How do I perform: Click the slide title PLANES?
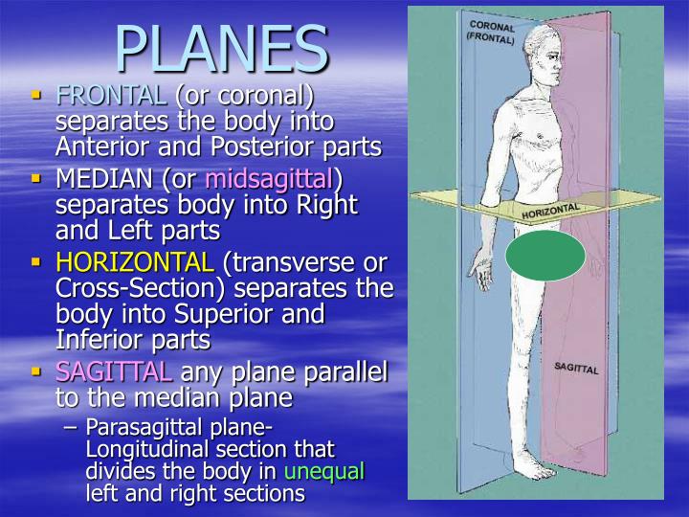(222, 48)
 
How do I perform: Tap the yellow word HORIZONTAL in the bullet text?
(134, 261)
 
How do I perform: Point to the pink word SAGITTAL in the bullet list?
(113, 372)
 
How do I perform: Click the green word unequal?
(324, 472)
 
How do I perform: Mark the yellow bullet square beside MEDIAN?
(36, 178)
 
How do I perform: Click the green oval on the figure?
(545, 257)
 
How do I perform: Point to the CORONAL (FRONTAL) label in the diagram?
(492, 32)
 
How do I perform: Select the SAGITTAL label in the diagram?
(576, 368)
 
